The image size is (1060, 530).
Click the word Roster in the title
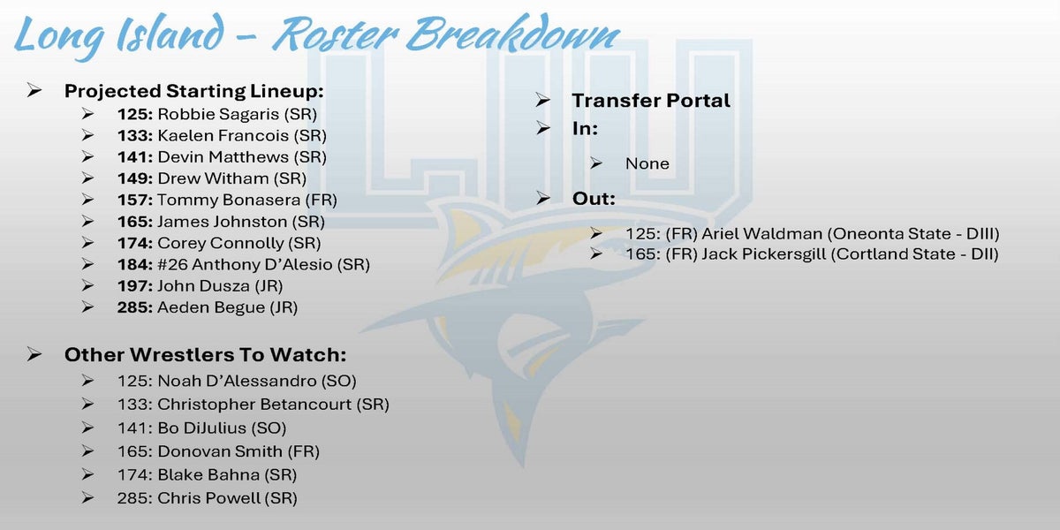336,34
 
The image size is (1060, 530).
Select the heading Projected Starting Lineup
194,91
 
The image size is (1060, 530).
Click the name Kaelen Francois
223,136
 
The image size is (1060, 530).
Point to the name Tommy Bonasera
229,201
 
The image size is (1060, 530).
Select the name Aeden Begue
211,307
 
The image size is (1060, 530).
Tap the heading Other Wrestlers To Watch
205,355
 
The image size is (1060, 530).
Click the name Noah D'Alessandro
237,381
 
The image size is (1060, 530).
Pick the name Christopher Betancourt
254,405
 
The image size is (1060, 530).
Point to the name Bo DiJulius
201,428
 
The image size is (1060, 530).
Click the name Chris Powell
208,498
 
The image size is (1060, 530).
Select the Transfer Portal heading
651,101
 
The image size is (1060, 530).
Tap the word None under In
647,163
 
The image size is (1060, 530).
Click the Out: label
594,198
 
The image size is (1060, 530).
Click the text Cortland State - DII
915,254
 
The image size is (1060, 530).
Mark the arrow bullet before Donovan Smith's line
87,451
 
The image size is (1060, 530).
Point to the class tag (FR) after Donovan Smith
303,451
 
